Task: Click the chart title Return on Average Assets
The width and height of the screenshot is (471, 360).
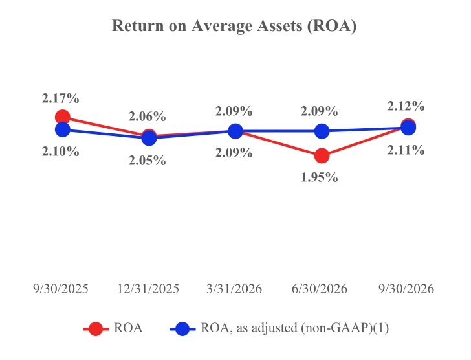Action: click(x=234, y=25)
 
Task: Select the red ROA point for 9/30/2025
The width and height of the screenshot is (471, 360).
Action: click(x=63, y=117)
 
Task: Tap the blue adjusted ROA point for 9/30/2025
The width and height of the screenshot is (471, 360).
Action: click(x=63, y=129)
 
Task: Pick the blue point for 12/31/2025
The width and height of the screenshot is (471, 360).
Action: click(x=149, y=138)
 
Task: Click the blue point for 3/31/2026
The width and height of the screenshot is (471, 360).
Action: click(x=235, y=131)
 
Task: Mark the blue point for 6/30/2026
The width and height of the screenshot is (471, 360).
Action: click(x=322, y=131)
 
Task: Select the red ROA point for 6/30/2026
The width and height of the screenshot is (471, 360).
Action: click(x=322, y=155)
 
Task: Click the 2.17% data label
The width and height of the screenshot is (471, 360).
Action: click(x=60, y=98)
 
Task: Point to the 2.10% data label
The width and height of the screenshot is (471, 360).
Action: click(x=60, y=152)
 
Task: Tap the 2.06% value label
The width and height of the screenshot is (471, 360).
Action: click(x=148, y=117)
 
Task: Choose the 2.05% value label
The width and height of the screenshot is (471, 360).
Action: click(x=148, y=161)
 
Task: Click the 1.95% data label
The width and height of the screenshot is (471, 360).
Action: click(x=320, y=177)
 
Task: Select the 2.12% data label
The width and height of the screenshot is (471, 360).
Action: click(x=406, y=106)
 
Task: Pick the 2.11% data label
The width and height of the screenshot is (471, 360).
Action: click(x=406, y=150)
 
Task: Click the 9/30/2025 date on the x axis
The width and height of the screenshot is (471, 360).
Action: click(x=61, y=289)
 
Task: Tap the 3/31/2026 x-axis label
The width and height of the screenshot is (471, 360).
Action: click(x=234, y=289)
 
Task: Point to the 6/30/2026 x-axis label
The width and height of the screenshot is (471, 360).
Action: click(x=320, y=289)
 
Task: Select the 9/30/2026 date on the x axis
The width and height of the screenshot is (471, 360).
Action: click(x=406, y=289)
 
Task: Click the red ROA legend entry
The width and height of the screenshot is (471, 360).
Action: click(x=113, y=328)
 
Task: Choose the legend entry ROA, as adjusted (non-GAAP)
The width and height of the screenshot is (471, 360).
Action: click(x=279, y=328)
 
